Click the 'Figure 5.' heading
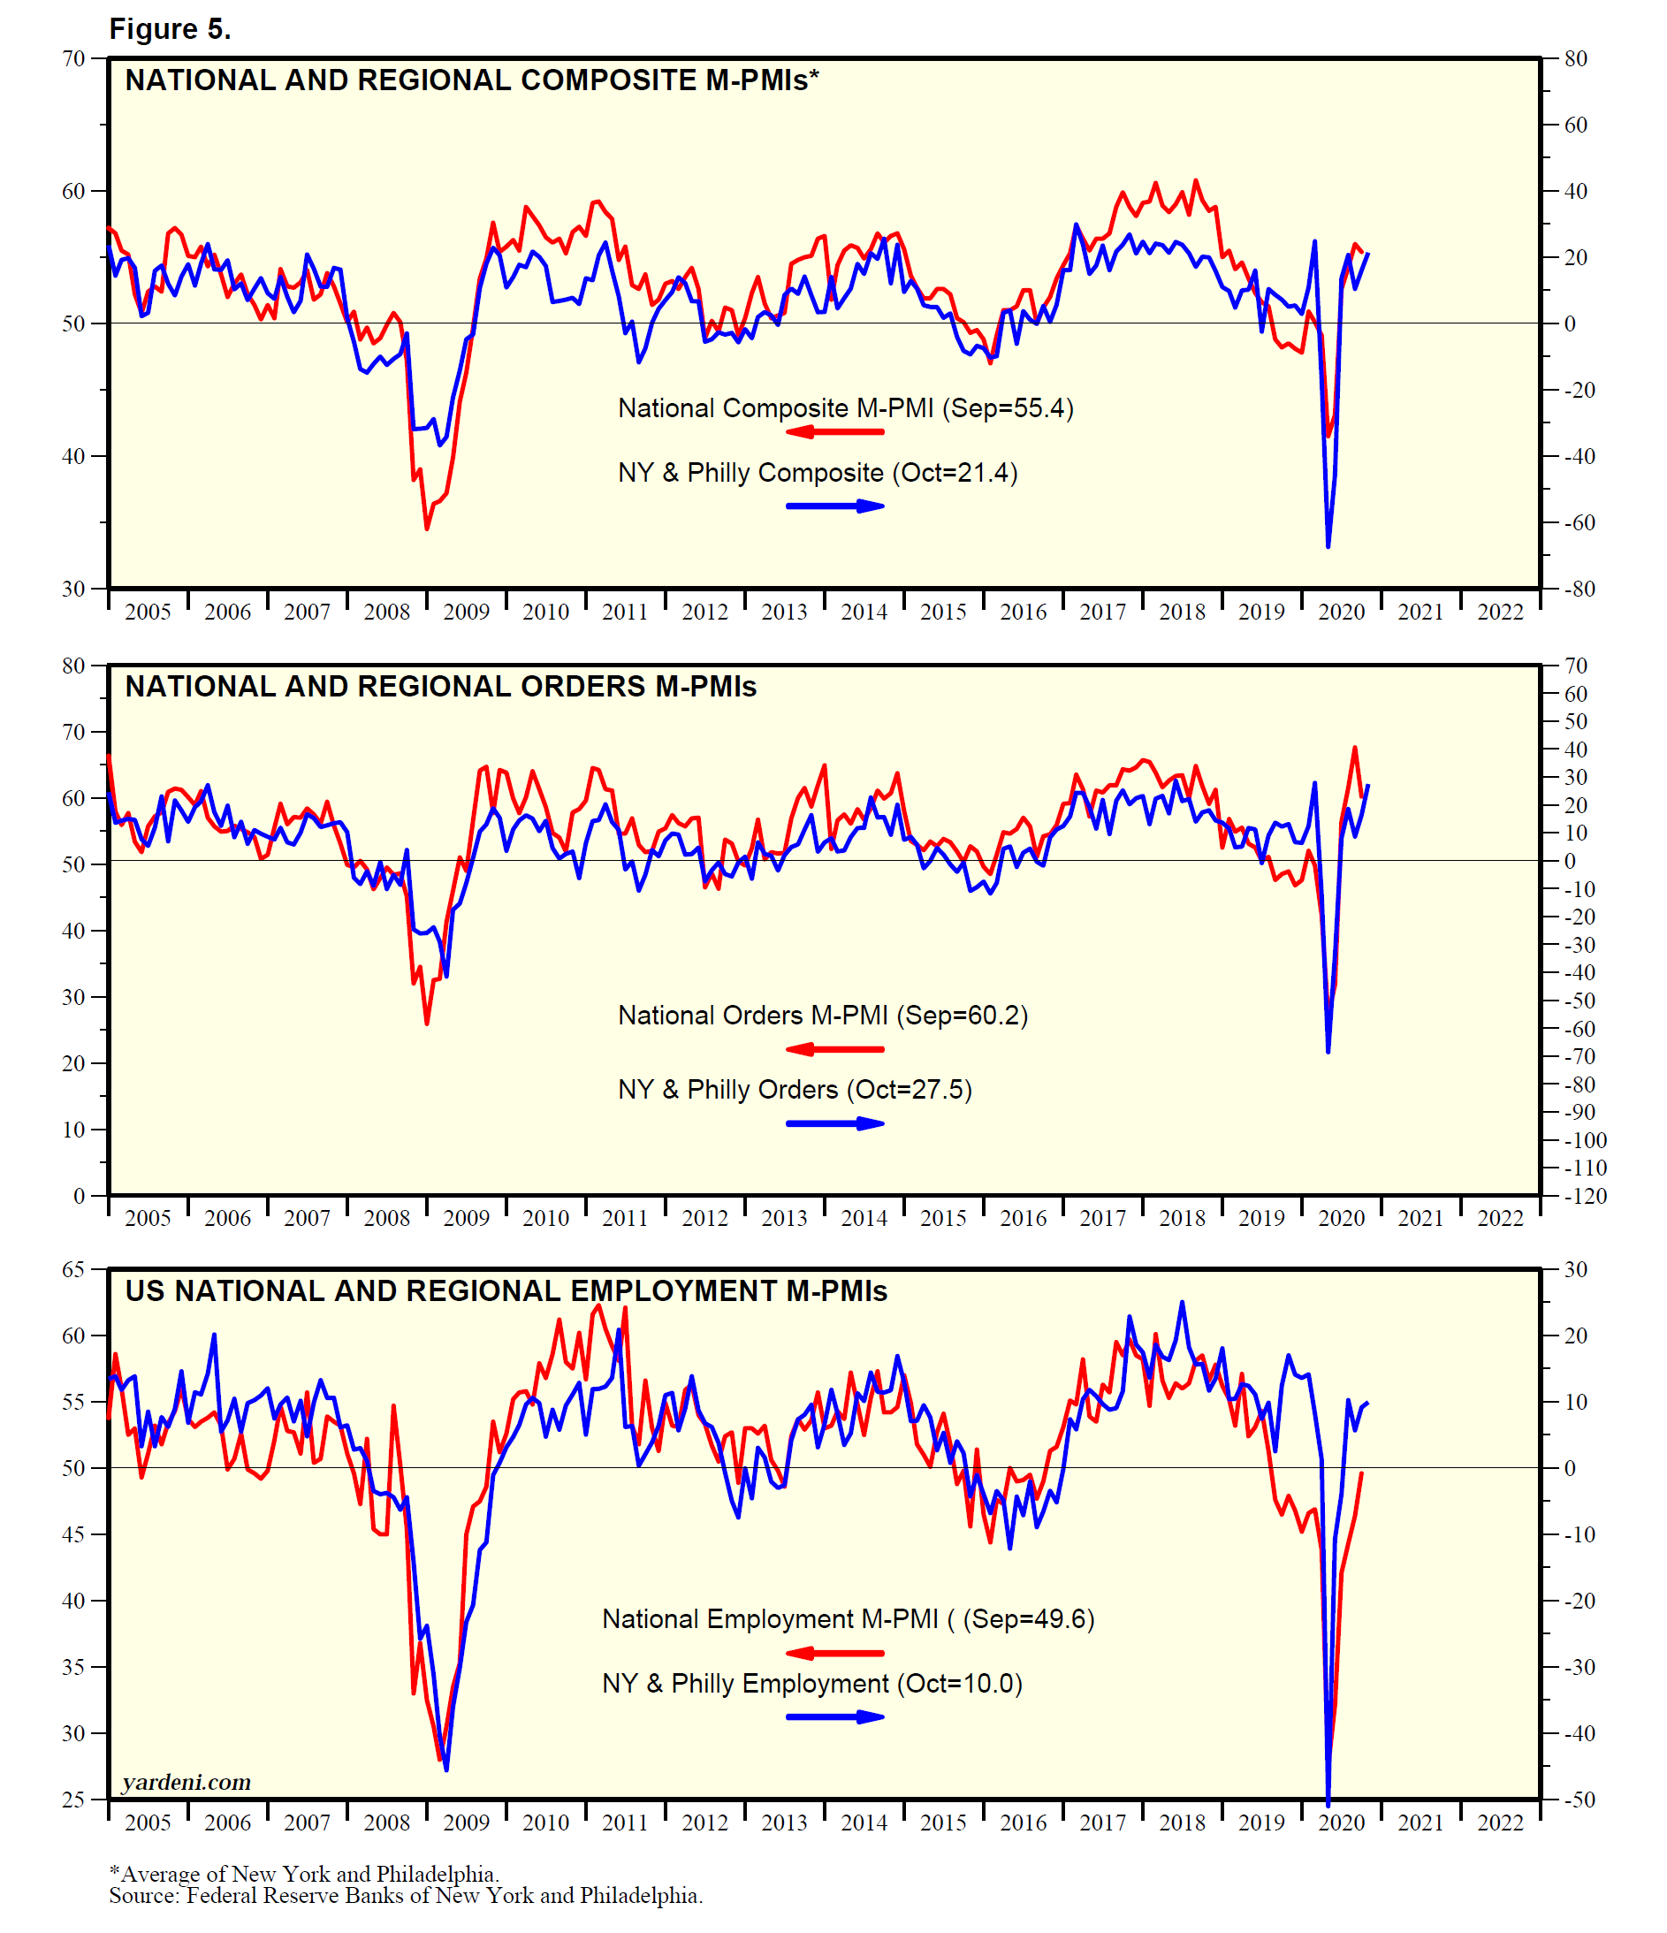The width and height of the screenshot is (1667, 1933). click(x=170, y=29)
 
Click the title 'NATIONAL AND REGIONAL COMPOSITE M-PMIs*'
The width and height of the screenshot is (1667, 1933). click(x=471, y=80)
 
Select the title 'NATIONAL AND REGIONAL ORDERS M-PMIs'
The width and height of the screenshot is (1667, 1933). click(x=440, y=687)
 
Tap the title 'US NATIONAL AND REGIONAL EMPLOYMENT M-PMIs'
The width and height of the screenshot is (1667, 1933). click(x=506, y=1291)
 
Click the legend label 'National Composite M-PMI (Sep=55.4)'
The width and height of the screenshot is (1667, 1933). click(x=845, y=407)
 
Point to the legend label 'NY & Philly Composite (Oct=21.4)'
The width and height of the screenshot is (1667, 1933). click(x=818, y=472)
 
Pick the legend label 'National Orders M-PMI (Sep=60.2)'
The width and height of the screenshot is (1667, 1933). click(x=823, y=1015)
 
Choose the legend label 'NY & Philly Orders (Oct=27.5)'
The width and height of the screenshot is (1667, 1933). click(x=795, y=1090)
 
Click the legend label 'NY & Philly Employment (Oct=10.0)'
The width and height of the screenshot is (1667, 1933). click(x=811, y=1683)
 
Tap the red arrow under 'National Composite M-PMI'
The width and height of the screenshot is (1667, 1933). click(x=834, y=432)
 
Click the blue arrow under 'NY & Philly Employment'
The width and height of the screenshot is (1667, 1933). click(x=834, y=1716)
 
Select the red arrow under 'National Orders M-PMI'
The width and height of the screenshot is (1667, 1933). click(x=834, y=1049)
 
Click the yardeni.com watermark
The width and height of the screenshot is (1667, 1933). click(x=186, y=1782)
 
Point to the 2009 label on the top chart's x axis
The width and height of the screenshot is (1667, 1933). click(x=466, y=612)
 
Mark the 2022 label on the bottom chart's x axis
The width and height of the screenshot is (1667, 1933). click(x=1499, y=1822)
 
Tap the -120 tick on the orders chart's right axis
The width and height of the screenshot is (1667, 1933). click(x=1583, y=1196)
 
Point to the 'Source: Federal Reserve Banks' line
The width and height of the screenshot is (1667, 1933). click(x=406, y=1895)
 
